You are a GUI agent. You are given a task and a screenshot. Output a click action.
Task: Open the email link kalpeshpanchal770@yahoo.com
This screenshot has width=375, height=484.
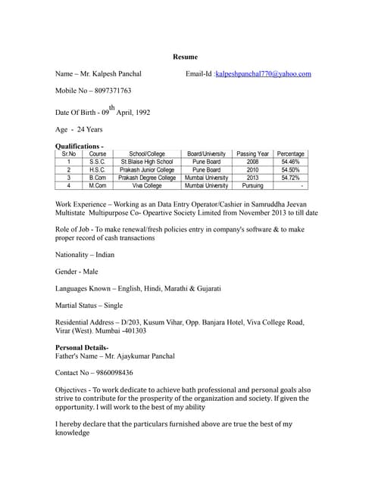263,73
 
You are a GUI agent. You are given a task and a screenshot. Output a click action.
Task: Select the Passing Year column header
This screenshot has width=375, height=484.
252,154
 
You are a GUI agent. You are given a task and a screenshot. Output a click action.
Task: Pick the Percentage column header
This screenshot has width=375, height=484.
290,154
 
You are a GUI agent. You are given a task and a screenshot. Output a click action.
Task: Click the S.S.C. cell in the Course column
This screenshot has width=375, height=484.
97,162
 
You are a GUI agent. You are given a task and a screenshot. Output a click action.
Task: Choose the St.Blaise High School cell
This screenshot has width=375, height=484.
147,162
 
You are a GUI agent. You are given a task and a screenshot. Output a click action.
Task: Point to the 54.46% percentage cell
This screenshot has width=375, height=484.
290,162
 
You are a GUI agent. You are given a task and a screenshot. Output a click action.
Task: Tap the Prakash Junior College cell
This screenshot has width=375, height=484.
147,170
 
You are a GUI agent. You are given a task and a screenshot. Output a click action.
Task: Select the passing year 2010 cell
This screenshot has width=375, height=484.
252,170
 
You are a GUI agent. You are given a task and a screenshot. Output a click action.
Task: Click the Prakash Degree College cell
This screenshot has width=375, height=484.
147,178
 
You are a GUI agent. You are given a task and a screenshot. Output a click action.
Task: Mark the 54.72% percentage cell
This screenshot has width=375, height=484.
290,178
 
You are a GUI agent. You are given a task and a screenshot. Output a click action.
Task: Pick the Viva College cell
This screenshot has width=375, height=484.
147,185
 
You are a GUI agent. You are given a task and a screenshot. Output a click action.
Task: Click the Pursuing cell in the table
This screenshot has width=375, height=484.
252,185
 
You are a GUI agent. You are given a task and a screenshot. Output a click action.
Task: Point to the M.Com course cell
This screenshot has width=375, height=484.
97,185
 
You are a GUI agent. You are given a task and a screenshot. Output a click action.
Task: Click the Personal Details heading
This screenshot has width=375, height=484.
87,347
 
